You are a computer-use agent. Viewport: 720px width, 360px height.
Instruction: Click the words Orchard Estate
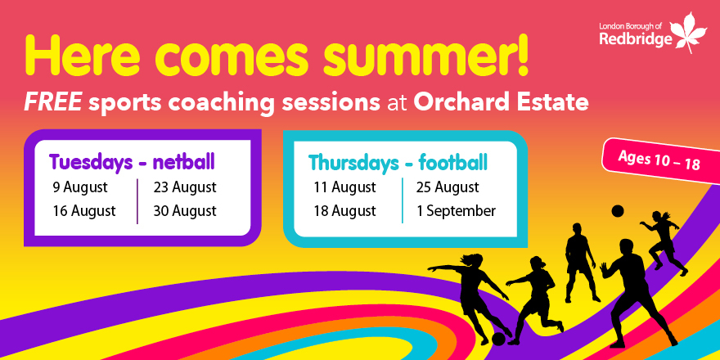[x=501, y=103]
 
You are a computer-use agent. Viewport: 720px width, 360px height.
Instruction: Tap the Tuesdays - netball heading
[x=132, y=160]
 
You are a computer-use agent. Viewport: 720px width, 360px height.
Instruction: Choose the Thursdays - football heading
[x=398, y=161]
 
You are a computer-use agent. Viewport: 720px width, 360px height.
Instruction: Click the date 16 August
[x=83, y=211]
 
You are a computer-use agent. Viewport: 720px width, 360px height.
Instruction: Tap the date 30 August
[x=185, y=211]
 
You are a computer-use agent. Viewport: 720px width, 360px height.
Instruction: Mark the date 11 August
[x=344, y=187]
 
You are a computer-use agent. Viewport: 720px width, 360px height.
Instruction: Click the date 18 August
[x=344, y=211]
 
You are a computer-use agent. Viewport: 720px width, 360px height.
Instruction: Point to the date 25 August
[x=448, y=187]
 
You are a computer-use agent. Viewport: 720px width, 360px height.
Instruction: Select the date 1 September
[x=456, y=211]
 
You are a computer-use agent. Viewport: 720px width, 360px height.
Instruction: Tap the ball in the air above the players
[x=618, y=211]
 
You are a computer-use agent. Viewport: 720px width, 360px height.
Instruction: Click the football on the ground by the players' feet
[x=498, y=338]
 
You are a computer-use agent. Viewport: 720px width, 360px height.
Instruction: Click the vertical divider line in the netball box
[x=137, y=200]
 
